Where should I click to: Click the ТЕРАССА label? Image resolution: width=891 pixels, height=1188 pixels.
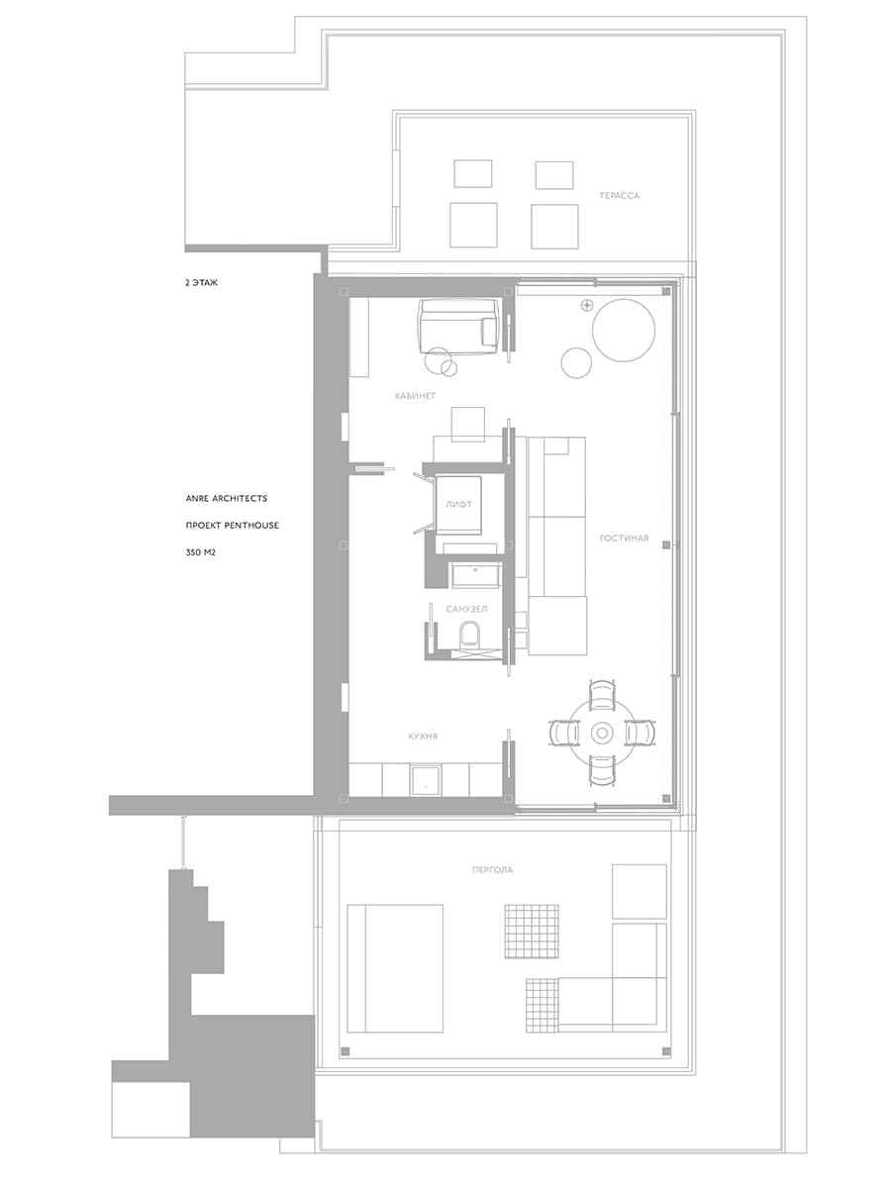coord(619,196)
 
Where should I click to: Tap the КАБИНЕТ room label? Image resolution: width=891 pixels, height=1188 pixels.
coord(415,396)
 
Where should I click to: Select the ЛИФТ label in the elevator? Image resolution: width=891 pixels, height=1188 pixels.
coord(458,505)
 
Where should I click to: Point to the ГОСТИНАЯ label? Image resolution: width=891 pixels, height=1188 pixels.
coord(624,538)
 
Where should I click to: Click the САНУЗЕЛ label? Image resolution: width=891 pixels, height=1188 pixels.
coord(466,609)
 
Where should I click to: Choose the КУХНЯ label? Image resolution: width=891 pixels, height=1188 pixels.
coord(423,737)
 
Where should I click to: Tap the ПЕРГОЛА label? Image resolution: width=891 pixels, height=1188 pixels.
coord(492,870)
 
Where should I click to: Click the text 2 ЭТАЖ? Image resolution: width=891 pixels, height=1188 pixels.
coord(201,282)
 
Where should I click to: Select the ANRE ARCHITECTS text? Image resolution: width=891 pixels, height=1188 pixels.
coord(226,498)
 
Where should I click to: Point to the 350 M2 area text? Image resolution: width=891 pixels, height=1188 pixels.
coord(200,552)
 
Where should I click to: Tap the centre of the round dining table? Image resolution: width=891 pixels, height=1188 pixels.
coord(601,734)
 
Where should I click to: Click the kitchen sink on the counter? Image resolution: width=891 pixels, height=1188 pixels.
coord(426,779)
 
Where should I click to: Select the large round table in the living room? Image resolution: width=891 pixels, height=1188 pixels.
coord(624,330)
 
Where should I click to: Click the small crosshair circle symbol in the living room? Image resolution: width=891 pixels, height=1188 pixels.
coord(586,306)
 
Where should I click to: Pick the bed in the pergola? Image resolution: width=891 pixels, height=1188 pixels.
coord(395,968)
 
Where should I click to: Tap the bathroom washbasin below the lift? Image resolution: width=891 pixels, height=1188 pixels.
coord(475,575)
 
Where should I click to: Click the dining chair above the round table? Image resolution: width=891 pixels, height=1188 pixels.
coord(601,694)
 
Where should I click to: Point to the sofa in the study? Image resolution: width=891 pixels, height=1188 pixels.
coord(458,327)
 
